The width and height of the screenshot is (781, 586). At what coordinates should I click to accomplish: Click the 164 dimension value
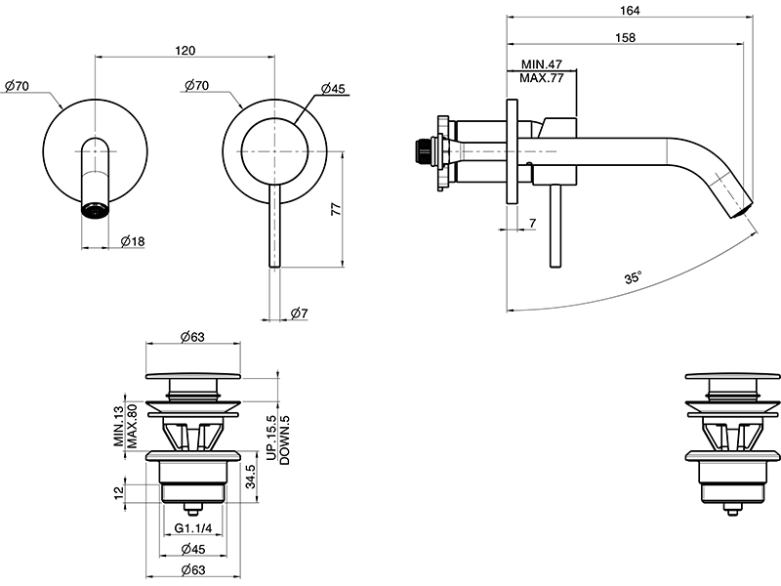[630, 11]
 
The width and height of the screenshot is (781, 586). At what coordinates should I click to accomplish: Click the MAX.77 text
[542, 78]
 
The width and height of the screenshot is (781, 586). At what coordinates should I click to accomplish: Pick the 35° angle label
[633, 278]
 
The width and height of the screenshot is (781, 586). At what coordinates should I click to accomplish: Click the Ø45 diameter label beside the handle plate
[333, 89]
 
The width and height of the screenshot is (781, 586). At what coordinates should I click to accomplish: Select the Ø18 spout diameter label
[133, 239]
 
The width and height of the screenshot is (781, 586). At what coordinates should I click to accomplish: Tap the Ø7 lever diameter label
[300, 313]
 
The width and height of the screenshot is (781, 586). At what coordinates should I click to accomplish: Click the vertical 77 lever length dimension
[334, 208]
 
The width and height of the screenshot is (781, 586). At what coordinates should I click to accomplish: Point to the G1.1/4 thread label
[194, 529]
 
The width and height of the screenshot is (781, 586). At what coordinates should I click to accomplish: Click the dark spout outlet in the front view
[95, 210]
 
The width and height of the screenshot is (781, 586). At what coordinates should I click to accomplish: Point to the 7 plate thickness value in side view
[532, 225]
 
